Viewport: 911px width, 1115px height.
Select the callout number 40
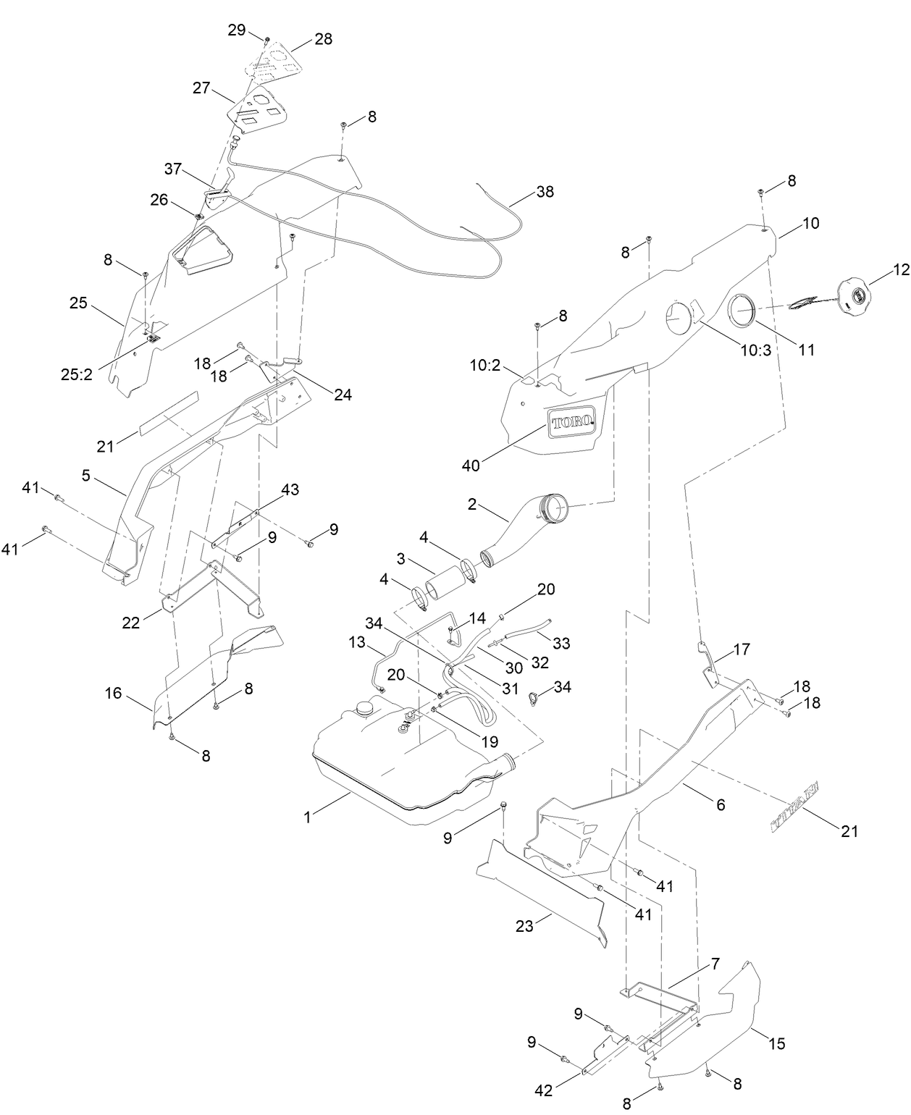(x=471, y=464)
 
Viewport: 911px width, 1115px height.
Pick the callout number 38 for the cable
(x=545, y=192)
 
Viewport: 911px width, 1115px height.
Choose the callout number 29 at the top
(x=237, y=30)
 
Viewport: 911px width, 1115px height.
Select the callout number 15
(x=776, y=1043)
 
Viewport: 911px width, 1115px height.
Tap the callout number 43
(x=290, y=490)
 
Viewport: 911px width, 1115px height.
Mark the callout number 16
(x=113, y=694)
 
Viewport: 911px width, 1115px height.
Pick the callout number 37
(x=173, y=169)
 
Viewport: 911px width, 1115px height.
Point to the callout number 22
(x=131, y=622)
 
